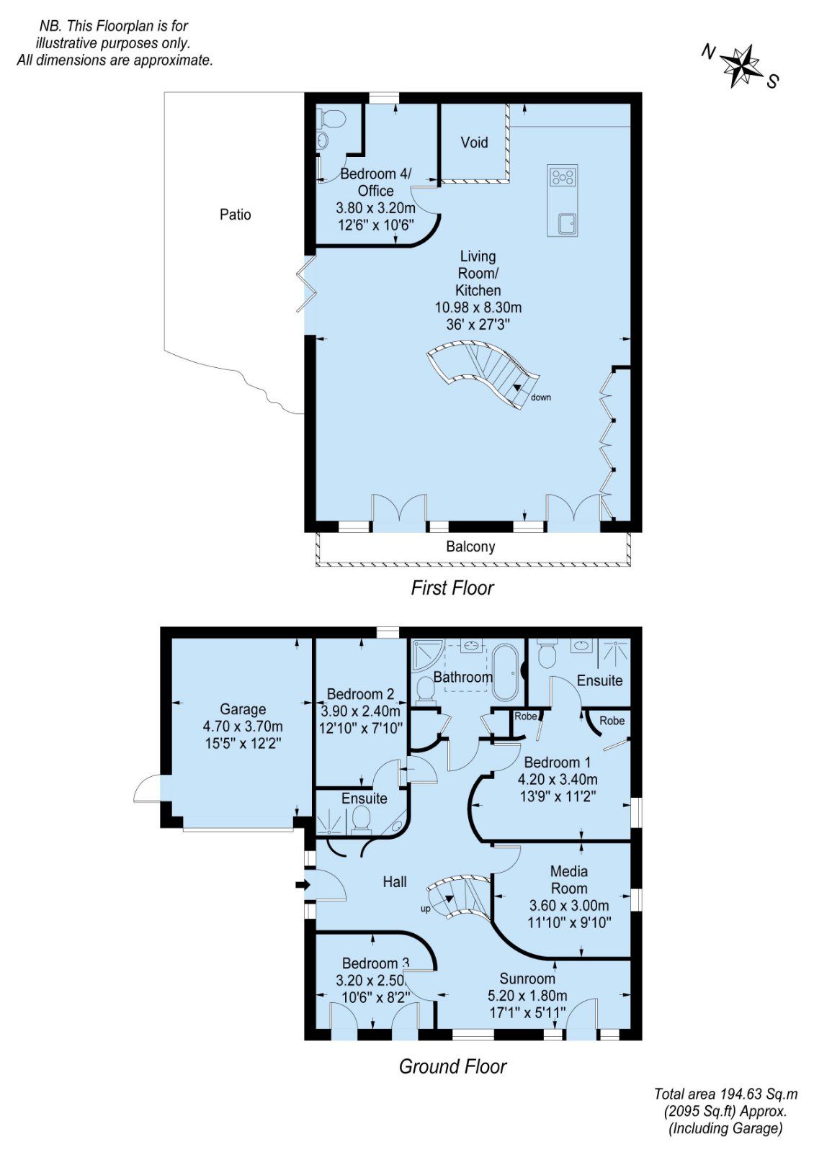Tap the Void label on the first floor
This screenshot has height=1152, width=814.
474,143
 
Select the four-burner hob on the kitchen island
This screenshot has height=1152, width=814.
563,176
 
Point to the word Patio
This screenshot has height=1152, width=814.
235,215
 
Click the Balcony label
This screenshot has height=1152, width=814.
470,546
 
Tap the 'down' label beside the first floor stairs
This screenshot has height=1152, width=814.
541,397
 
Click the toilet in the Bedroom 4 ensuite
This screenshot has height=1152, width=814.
333,118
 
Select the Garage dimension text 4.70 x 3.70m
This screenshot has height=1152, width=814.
243,726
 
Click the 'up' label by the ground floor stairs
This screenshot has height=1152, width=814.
426,909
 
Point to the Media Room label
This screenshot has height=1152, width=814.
568,880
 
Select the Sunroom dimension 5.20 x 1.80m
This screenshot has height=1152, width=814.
527,996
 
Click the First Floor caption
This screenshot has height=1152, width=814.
452,588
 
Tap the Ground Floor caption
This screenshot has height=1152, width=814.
452,1066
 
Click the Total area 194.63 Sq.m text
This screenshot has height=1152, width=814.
725,1094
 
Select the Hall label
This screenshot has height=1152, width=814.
395,882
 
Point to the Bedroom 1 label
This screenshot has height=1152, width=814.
557,762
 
